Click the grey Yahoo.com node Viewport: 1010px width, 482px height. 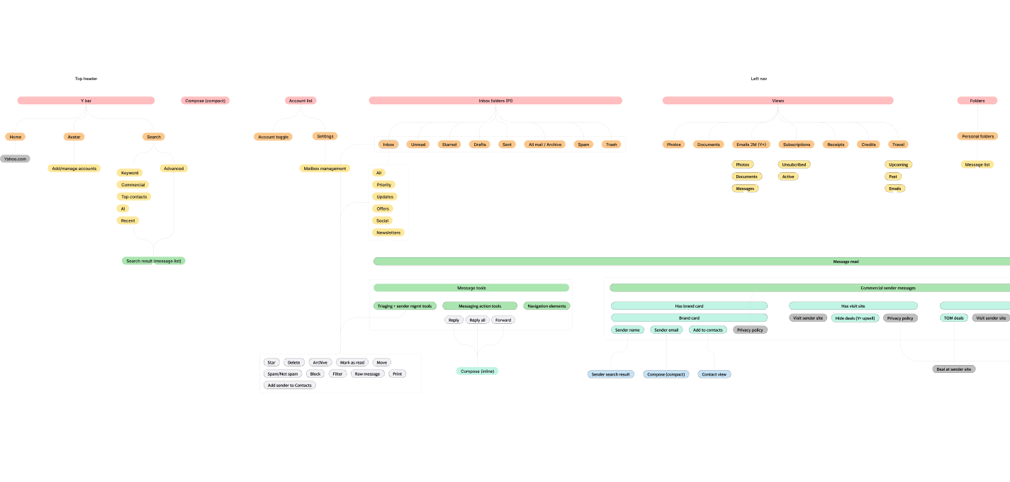point(15,159)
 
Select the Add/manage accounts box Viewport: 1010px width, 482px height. point(74,169)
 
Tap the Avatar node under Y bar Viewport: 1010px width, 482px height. point(74,137)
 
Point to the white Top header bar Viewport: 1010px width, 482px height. point(86,79)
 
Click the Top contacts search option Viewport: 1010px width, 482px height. point(135,197)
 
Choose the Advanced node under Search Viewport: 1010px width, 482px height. point(174,169)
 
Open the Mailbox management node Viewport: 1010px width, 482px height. point(325,169)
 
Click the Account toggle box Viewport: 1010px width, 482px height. point(273,137)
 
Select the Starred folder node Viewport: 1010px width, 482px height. point(449,145)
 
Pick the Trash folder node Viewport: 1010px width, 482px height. point(611,145)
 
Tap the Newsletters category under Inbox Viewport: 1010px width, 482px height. point(388,232)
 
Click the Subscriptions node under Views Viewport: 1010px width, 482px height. point(796,145)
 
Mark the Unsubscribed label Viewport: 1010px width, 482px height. point(794,164)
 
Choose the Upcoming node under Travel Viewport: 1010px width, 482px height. point(898,164)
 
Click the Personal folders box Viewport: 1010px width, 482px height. point(977,136)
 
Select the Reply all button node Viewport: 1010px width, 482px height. point(477,320)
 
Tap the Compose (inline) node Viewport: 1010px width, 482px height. point(477,371)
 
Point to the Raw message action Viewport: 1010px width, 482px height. point(367,374)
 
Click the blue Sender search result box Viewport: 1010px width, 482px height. point(610,374)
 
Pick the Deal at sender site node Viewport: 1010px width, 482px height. point(953,369)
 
